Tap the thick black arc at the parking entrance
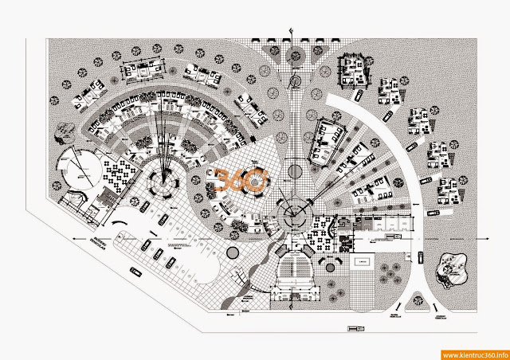(x=119, y=222)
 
